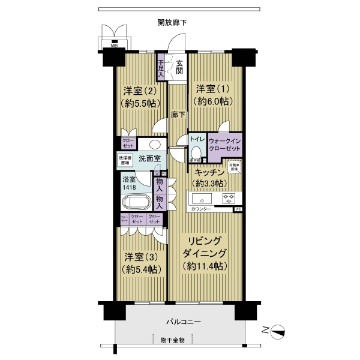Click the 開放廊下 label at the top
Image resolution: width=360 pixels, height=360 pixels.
click(x=172, y=23)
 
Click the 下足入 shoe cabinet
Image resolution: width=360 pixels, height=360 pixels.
click(x=161, y=68)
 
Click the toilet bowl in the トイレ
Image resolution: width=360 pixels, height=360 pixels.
click(x=196, y=150)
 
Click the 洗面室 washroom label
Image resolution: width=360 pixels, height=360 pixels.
click(x=149, y=159)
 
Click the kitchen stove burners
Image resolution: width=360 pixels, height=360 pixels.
click(x=229, y=197)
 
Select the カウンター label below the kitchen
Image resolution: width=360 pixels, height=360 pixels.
click(x=201, y=209)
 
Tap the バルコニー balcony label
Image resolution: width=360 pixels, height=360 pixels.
click(x=184, y=322)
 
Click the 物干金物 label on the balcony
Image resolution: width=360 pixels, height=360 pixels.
click(x=172, y=340)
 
